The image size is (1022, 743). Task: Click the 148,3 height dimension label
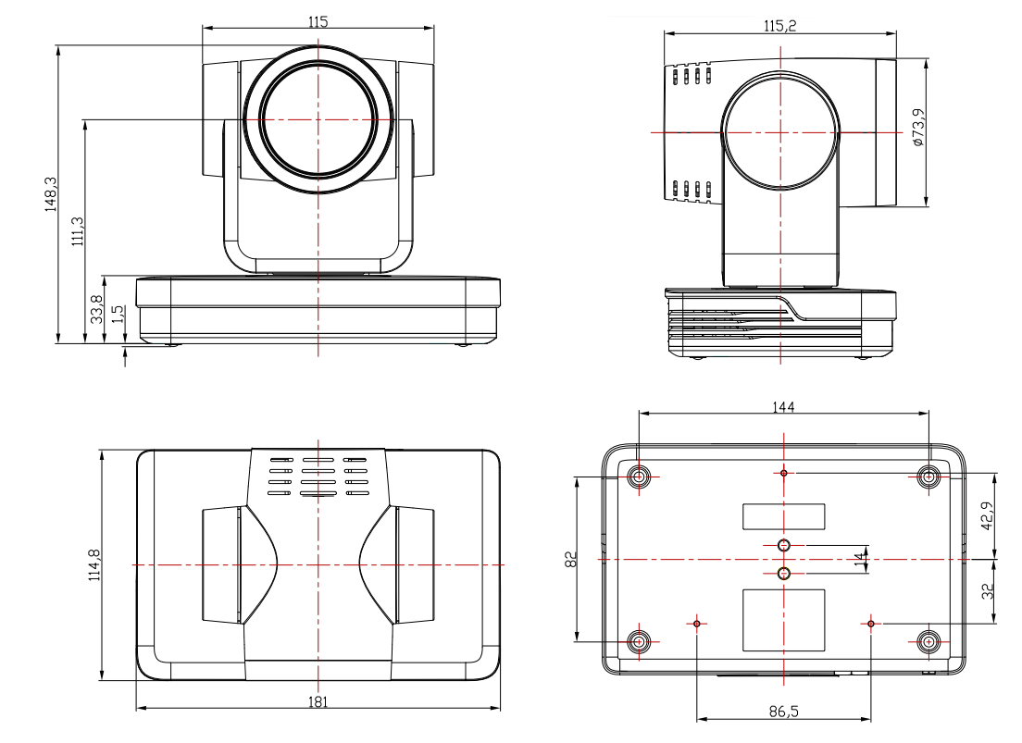tap(52, 194)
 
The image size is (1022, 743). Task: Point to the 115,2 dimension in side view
tap(779, 26)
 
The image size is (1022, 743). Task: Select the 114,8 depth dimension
tap(94, 564)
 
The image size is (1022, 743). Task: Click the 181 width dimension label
tap(318, 702)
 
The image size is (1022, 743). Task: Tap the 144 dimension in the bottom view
tap(784, 406)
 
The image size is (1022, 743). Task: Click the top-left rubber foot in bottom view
tap(640, 477)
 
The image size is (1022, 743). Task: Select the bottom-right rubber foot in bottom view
tap(929, 640)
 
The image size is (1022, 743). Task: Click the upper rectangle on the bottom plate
tap(783, 516)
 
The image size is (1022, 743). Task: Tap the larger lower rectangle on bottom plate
tap(783, 619)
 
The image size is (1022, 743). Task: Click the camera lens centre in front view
tap(318, 118)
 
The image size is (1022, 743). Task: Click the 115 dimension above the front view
tap(318, 20)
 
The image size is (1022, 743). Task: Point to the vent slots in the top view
tap(318, 476)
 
